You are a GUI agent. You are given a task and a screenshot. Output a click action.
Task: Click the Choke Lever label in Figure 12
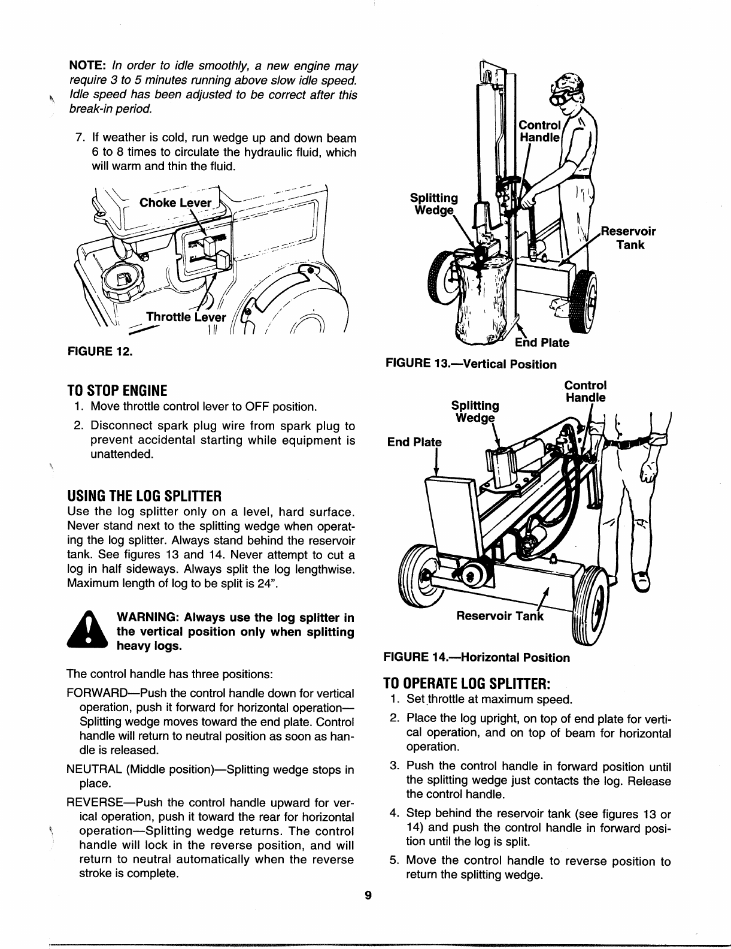pyautogui.click(x=175, y=203)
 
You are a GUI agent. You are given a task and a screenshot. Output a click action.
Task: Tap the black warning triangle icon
pyautogui.click(x=88, y=630)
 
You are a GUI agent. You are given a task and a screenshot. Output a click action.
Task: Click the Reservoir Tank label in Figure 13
pyautogui.click(x=629, y=238)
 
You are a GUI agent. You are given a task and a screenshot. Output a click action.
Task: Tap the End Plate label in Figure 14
pyautogui.click(x=414, y=442)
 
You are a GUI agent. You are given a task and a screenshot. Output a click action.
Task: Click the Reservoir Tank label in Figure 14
pyautogui.click(x=499, y=616)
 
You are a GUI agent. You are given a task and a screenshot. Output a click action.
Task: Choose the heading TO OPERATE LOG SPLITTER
pyautogui.click(x=466, y=684)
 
